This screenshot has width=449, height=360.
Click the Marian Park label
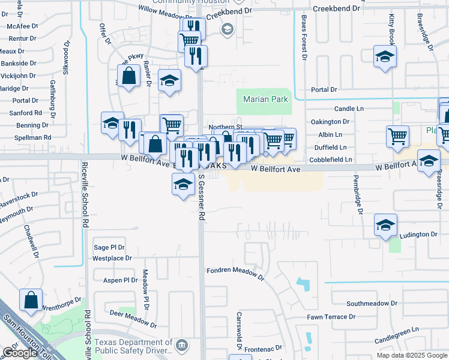click(265, 99)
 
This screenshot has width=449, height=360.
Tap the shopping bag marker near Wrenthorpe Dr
click(31, 299)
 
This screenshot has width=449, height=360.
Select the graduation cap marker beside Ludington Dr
click(385, 225)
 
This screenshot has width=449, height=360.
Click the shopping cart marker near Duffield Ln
click(397, 137)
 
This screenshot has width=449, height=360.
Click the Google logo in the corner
click(20, 353)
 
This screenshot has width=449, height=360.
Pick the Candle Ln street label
click(349, 109)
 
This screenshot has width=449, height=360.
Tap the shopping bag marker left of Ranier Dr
click(129, 76)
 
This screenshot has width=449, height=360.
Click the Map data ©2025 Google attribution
click(411, 355)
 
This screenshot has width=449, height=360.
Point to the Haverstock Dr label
click(18, 199)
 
